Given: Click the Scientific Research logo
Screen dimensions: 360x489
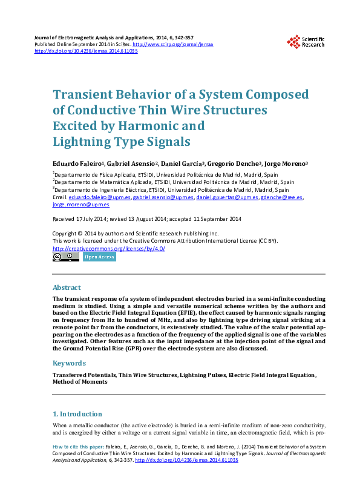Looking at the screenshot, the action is point(306,41).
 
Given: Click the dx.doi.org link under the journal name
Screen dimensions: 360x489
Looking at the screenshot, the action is point(86,51).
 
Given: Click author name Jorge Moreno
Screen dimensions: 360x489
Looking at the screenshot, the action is point(286,163).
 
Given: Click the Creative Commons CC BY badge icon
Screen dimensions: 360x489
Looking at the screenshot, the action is point(65,257).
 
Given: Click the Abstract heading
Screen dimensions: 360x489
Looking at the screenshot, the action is point(67,287).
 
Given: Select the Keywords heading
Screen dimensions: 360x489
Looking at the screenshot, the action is point(69,363).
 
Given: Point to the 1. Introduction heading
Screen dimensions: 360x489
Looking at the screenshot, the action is point(77,414).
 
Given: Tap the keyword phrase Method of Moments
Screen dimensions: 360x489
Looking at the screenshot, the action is point(80,382).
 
